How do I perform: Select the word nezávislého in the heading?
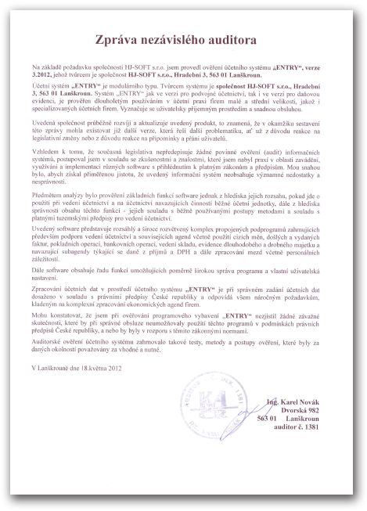[182, 38]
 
